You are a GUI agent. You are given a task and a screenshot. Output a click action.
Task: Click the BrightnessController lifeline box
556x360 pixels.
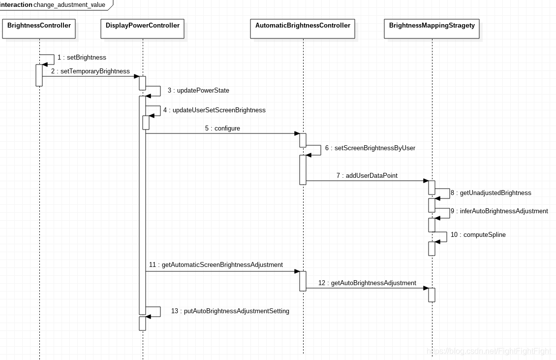39,29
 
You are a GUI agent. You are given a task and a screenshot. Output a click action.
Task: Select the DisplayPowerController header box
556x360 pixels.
143,29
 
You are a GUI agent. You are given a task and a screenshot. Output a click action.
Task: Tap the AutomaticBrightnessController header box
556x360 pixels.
303,29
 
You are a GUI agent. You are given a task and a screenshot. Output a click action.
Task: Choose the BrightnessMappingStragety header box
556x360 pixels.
432,29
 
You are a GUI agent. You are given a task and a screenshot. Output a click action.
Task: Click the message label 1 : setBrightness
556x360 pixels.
82,58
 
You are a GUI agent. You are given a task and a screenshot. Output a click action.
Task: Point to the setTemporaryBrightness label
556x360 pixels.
91,71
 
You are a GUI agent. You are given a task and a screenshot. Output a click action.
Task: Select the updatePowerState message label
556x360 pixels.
199,91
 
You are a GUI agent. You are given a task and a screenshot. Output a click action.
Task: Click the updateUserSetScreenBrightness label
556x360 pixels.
215,110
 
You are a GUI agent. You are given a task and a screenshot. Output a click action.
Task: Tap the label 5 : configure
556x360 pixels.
223,129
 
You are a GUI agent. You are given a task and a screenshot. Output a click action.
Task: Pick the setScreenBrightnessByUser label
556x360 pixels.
370,148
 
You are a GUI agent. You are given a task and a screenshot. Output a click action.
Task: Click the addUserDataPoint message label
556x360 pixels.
367,176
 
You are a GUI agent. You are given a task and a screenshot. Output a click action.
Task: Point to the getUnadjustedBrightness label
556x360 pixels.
491,193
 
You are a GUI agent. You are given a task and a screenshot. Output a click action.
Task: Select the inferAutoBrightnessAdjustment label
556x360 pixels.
499,211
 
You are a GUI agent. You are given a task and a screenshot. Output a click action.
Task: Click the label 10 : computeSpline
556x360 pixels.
478,235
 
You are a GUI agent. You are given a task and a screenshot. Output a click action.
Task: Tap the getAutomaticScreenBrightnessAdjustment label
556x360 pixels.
216,265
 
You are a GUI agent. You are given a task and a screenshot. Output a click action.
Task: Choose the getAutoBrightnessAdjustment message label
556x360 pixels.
368,283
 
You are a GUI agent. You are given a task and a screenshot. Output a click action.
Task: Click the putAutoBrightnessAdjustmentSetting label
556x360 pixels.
230,311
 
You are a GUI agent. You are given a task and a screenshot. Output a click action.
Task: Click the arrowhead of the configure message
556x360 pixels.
297,133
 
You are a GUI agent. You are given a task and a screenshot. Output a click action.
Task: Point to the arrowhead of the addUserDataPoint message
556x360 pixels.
426,181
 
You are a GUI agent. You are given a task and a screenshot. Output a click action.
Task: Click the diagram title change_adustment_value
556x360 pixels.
69,5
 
